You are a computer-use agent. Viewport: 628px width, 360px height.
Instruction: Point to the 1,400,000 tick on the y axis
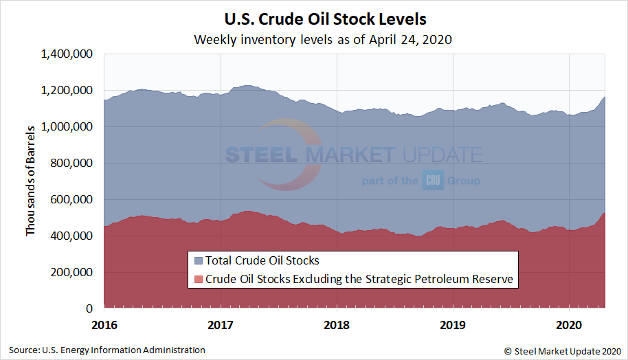coord(67,54)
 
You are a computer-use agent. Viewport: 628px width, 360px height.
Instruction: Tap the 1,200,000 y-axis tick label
coord(67,91)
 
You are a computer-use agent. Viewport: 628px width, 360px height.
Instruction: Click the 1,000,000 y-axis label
coord(67,127)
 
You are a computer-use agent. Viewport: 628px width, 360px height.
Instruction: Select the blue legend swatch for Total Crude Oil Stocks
coord(199,261)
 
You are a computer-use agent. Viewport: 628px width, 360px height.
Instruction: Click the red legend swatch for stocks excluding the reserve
coord(199,279)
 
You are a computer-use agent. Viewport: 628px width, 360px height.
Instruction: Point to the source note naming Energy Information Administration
coord(107,350)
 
